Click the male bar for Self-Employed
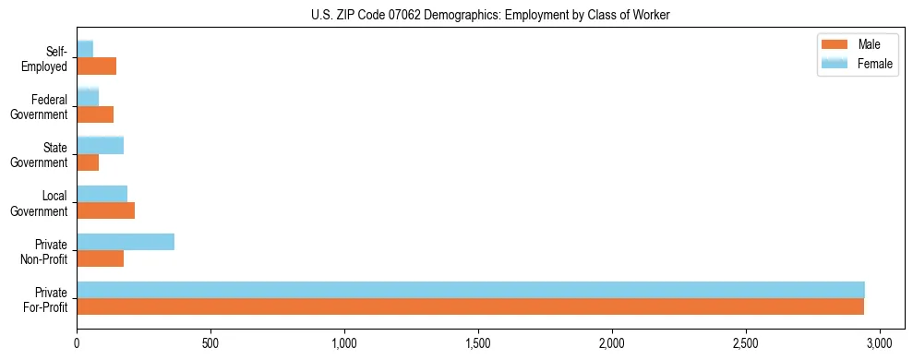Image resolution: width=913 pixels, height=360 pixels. pyautogui.click(x=96, y=66)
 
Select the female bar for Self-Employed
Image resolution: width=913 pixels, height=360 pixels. pyautogui.click(x=85, y=49)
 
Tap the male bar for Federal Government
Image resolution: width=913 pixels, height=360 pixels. pyautogui.click(x=95, y=114)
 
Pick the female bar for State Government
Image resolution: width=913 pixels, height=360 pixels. pyautogui.click(x=100, y=145)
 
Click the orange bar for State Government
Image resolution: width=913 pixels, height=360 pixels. pyautogui.click(x=88, y=162)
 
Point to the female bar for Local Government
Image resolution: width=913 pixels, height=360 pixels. pyautogui.click(x=102, y=193)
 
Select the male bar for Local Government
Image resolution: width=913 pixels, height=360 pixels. pyautogui.click(x=105, y=210)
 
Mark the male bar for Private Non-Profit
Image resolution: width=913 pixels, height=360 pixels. pyautogui.click(x=100, y=258)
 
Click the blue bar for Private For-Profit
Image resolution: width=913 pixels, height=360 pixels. pyautogui.click(x=471, y=290)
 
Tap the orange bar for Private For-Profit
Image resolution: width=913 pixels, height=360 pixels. pyautogui.click(x=471, y=306)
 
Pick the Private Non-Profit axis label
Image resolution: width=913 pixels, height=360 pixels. pyautogui.click(x=47, y=251)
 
